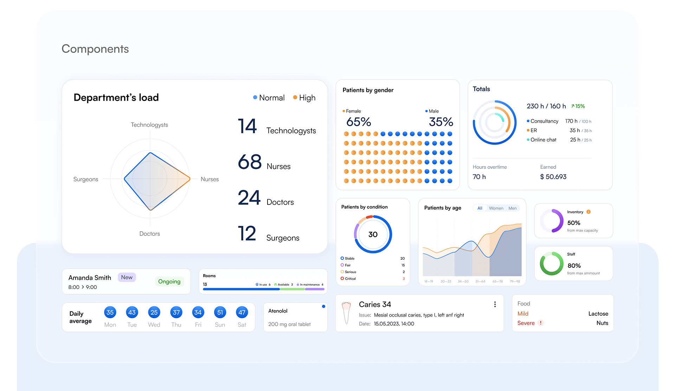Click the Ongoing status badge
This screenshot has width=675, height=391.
pyautogui.click(x=169, y=281)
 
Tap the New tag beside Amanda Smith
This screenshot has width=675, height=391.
pyautogui.click(x=127, y=277)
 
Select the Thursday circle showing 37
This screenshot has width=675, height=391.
pyautogui.click(x=176, y=312)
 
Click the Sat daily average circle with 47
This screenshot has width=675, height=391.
pyautogui.click(x=242, y=312)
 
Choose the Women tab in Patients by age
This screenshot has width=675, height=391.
pyautogui.click(x=496, y=208)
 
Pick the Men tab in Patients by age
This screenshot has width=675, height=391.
pyautogui.click(x=512, y=208)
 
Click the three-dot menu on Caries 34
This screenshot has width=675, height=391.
pyautogui.click(x=495, y=304)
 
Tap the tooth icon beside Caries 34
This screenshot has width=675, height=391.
pyautogui.click(x=346, y=313)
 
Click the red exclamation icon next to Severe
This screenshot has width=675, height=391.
pyautogui.click(x=541, y=323)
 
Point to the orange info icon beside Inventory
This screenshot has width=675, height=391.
pyautogui.click(x=589, y=212)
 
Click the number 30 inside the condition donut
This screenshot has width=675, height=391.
pyautogui.click(x=373, y=234)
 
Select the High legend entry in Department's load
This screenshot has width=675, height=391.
pyautogui.click(x=304, y=97)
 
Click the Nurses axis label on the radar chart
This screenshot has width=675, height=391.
pyautogui.click(x=210, y=179)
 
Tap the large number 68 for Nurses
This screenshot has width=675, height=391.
pyautogui.click(x=250, y=162)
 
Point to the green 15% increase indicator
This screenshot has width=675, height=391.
pyautogui.click(x=578, y=106)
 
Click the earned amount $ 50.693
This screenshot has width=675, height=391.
pyautogui.click(x=553, y=177)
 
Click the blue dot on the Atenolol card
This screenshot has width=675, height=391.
pyautogui.click(x=323, y=306)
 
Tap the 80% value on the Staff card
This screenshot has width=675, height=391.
pyautogui.click(x=574, y=266)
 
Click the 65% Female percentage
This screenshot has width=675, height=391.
pyautogui.click(x=359, y=122)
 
